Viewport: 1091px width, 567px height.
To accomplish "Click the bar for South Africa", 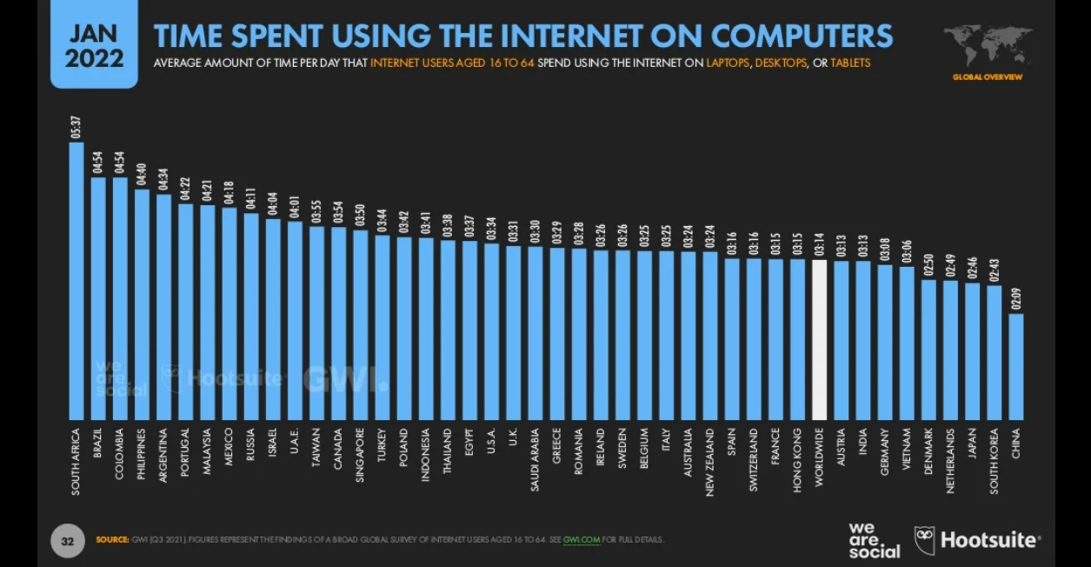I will click(x=77, y=280).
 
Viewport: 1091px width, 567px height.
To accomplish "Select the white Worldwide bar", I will click(x=819, y=339).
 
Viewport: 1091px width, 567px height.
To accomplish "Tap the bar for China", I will click(x=1015, y=366).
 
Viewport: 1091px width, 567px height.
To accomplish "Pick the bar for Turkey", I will click(x=383, y=326).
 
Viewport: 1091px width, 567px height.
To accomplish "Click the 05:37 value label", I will click(x=77, y=128).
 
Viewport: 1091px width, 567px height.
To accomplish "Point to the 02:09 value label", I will click(x=1015, y=298).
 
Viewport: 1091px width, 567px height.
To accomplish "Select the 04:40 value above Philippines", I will click(x=142, y=175).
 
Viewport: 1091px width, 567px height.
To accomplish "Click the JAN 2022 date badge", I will click(x=94, y=46).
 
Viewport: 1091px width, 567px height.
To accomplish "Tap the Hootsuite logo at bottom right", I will click(x=977, y=540).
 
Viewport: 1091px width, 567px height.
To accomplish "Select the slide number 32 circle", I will click(x=67, y=540).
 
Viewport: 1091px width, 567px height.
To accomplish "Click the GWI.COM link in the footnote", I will click(x=582, y=540).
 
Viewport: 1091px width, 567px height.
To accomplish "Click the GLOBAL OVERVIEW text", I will click(x=988, y=77).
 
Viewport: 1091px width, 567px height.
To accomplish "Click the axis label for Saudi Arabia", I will click(x=536, y=459).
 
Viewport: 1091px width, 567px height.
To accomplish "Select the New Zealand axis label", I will click(x=710, y=461).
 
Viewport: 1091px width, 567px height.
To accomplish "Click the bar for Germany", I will click(x=884, y=342).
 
